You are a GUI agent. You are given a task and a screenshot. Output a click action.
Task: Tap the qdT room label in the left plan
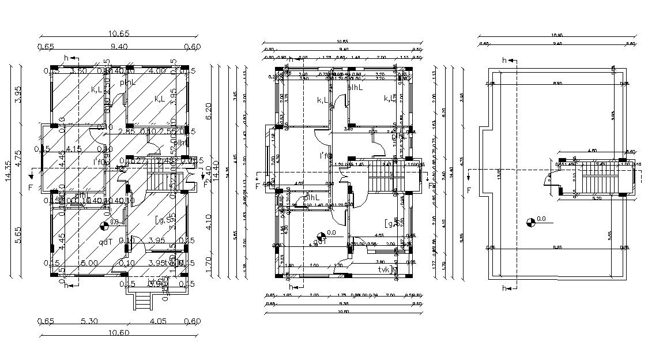(x=106, y=242)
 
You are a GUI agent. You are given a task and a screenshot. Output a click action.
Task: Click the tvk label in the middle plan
(x=383, y=269)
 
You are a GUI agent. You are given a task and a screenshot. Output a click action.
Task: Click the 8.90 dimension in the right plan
(x=557, y=84)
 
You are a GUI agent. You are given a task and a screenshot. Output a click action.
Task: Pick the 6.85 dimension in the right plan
(x=557, y=248)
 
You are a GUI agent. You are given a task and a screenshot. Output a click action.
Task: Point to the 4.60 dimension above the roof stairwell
(x=592, y=151)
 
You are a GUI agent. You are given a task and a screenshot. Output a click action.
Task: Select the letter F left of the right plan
(x=469, y=190)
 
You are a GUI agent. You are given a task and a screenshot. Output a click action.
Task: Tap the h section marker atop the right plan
(x=504, y=60)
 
